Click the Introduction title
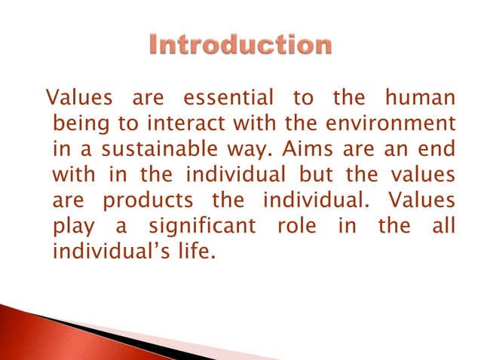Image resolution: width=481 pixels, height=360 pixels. click(x=239, y=46)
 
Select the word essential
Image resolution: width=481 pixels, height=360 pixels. click(x=229, y=98)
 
